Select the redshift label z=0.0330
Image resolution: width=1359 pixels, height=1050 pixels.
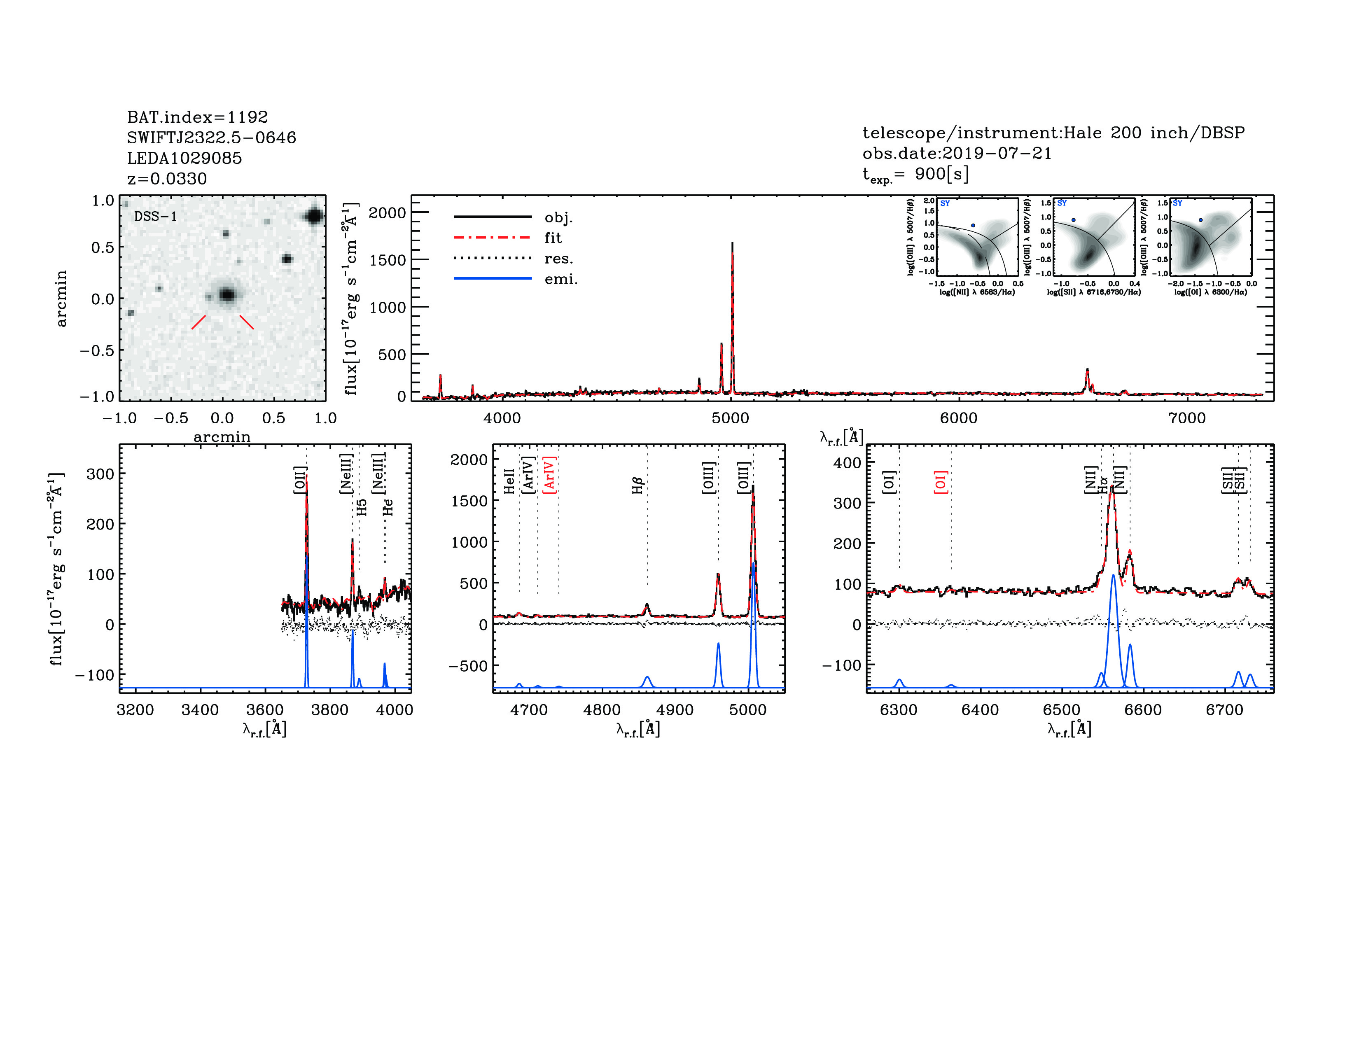pos(167,179)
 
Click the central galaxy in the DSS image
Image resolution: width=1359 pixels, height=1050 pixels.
pos(227,294)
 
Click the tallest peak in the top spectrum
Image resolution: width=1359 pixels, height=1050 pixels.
pos(732,244)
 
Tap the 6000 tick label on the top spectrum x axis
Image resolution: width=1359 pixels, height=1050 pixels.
pos(958,418)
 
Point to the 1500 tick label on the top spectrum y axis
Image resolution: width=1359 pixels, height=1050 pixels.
pos(387,260)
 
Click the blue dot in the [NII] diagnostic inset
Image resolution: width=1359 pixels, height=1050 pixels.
pos(973,225)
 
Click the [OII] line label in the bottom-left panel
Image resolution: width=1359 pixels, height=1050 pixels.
pos(299,480)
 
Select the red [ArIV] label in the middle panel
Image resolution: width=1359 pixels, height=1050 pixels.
pos(549,475)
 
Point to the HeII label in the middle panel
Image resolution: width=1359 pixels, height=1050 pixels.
pos(510,481)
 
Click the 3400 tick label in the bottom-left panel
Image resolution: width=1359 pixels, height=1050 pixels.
pos(200,710)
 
